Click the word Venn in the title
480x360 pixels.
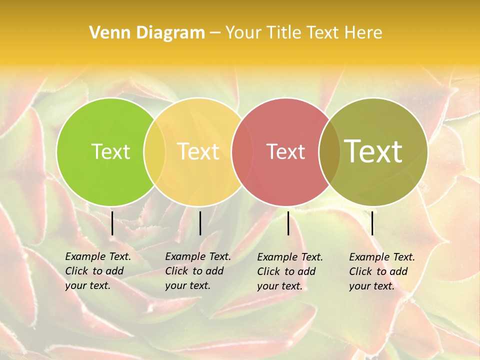pos(104,33)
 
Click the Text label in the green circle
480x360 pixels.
pos(110,151)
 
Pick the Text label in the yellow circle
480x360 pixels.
pos(198,151)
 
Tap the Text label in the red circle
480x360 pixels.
pos(286,151)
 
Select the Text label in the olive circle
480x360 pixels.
pos(373,151)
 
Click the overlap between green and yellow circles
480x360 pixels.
pos(154,151)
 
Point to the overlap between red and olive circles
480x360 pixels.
pos(329,151)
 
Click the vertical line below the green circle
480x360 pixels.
pos(112,223)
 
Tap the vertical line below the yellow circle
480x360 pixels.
pos(200,223)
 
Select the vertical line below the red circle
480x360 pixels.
pos(288,223)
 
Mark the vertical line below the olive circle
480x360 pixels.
pos(372,223)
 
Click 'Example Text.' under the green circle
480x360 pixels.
pos(98,256)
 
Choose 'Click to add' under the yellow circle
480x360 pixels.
pos(194,271)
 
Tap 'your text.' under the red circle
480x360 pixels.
pos(279,286)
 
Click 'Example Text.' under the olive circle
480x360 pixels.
pos(382,257)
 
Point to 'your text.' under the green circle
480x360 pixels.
pos(87,285)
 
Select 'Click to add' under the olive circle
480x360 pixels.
pos(378,271)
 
